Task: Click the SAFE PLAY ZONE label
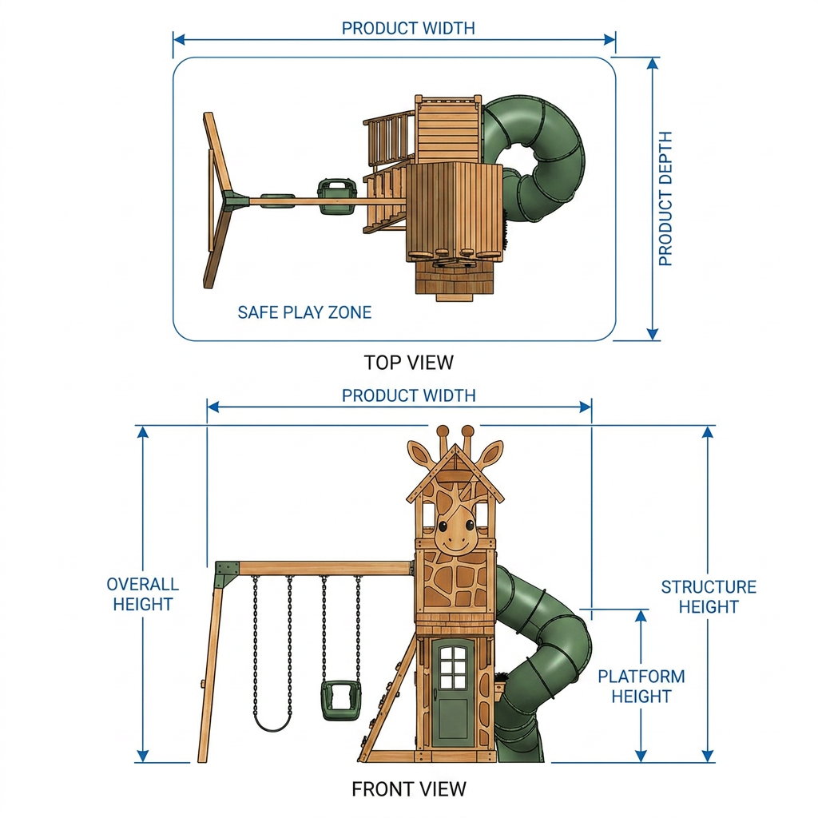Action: click(304, 312)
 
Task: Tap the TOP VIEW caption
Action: click(408, 363)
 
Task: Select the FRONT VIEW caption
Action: click(408, 788)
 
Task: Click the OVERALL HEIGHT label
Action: click(142, 594)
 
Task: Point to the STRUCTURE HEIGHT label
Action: click(709, 597)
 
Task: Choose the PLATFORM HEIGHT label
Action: click(641, 686)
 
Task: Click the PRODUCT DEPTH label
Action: click(665, 198)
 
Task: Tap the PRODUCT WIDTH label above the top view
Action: click(408, 28)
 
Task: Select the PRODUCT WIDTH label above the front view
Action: click(408, 395)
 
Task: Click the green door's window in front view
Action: click(453, 667)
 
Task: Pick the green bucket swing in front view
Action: click(340, 701)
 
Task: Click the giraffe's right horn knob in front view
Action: click(468, 431)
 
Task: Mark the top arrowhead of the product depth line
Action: click(652, 63)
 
